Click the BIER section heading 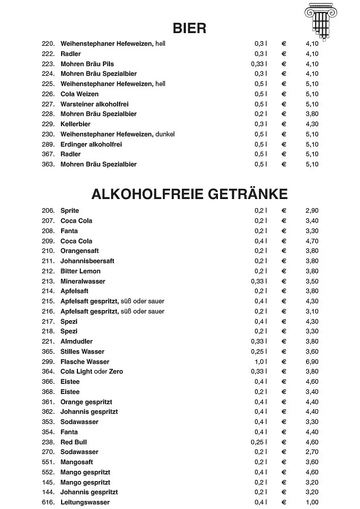[x=189, y=28]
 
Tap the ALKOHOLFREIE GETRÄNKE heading [x=189, y=194]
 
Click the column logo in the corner [x=321, y=20]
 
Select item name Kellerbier [x=75, y=124]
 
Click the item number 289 [x=48, y=145]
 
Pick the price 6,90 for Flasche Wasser [x=312, y=362]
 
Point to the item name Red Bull [x=74, y=442]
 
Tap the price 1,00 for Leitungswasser [x=312, y=503]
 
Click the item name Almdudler [x=76, y=342]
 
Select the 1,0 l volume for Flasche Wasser [x=260, y=362]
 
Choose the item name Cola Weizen [x=79, y=94]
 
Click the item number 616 [x=48, y=503]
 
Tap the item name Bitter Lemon [x=80, y=271]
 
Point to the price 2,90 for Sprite [x=312, y=211]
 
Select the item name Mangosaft [x=76, y=462]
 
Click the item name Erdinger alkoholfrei [x=91, y=145]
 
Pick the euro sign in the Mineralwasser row [x=284, y=281]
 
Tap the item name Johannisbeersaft [x=87, y=261]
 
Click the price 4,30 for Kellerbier [x=312, y=124]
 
